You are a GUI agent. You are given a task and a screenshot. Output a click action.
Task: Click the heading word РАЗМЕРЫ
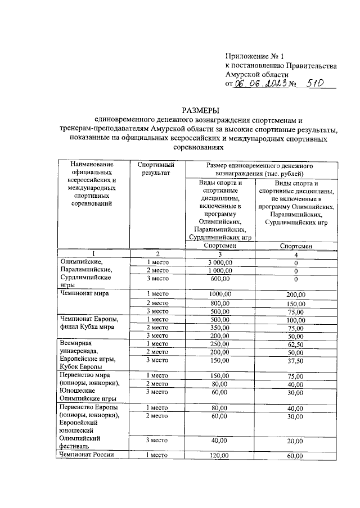point(200,110)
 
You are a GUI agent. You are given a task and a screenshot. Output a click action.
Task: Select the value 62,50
point(296,343)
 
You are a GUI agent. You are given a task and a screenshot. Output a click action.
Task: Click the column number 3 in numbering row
point(220,254)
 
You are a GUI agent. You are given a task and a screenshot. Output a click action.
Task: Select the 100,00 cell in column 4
point(296,319)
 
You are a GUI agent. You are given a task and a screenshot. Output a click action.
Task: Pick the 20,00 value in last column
point(296,442)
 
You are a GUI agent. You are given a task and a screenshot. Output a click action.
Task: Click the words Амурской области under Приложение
point(256,74)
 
